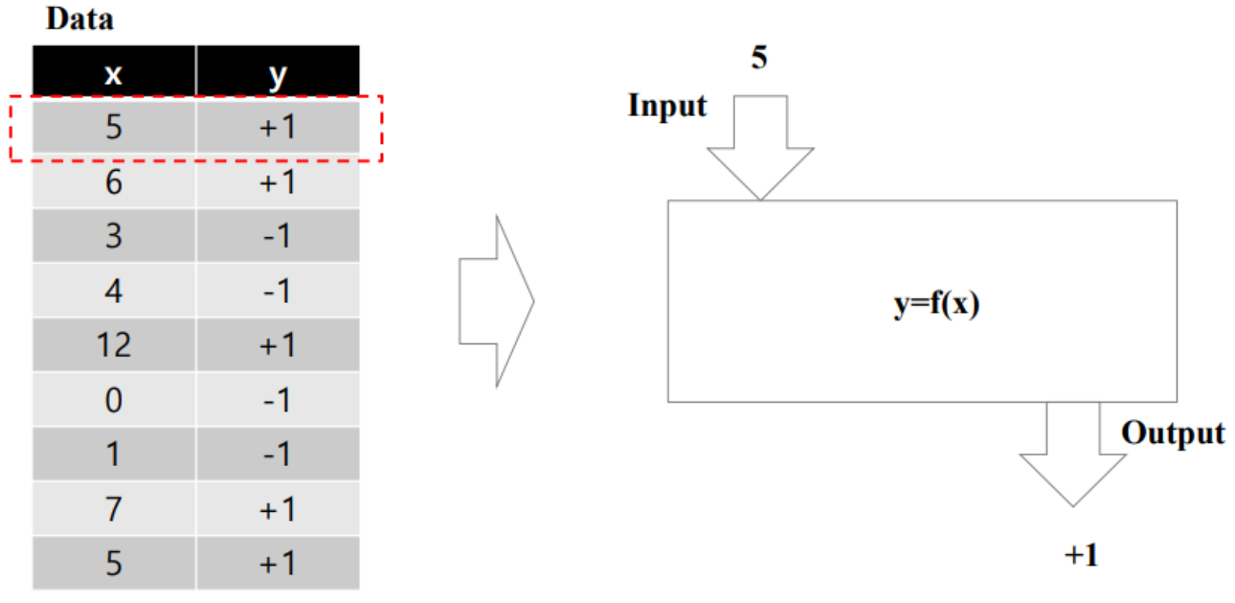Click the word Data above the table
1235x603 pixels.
point(80,19)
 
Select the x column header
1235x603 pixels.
point(114,74)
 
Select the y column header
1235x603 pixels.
point(278,74)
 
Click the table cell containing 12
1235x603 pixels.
point(114,345)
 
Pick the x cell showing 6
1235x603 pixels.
point(114,182)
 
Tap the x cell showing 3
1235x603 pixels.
point(114,236)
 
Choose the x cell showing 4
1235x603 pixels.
point(114,291)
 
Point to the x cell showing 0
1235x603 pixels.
point(114,400)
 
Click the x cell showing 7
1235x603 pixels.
point(114,509)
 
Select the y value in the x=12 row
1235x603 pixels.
point(278,345)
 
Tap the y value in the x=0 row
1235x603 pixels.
point(278,400)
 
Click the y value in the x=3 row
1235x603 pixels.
point(278,236)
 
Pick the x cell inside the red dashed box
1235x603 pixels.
point(114,127)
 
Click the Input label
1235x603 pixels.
point(667,106)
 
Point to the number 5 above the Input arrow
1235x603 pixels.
point(759,57)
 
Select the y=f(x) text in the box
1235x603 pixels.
point(936,303)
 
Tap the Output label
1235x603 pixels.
point(1172,433)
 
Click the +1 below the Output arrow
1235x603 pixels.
point(1081,554)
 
